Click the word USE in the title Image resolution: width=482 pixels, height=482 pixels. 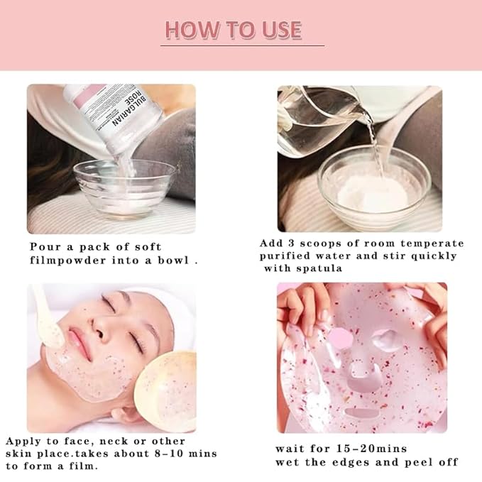click(282, 31)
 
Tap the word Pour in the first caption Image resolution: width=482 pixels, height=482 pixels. click(44, 247)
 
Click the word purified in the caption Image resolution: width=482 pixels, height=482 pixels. click(286, 256)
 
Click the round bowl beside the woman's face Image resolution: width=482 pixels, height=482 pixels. click(164, 390)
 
